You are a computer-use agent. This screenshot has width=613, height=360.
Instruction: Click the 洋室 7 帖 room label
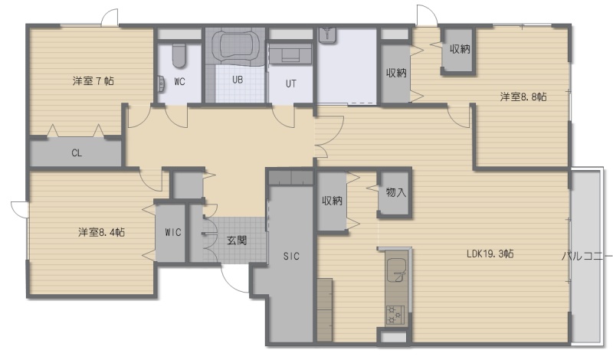tap(93, 81)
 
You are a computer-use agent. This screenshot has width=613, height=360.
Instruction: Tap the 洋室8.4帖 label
tap(102, 232)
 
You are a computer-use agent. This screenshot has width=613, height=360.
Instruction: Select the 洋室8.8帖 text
tap(523, 97)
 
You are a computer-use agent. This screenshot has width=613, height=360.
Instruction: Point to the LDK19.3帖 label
tap(490, 254)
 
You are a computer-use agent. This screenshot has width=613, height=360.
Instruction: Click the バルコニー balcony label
tap(586, 256)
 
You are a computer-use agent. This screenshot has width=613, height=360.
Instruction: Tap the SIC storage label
tap(291, 256)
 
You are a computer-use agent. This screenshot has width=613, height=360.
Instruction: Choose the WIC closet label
tap(173, 232)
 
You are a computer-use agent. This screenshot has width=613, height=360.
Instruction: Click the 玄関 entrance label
tap(237, 240)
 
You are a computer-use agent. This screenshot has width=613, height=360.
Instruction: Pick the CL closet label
tap(77, 153)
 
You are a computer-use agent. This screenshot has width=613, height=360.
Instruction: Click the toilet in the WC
tap(179, 55)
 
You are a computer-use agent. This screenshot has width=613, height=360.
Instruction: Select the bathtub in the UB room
tap(235, 45)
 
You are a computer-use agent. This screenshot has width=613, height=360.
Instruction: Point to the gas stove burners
tap(396, 315)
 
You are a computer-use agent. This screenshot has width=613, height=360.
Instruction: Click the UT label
tap(291, 83)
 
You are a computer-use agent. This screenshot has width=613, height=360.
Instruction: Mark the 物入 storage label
tap(395, 192)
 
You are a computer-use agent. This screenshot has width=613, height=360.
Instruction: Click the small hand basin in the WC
tap(161, 83)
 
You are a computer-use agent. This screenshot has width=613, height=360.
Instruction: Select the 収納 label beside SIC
tap(332, 201)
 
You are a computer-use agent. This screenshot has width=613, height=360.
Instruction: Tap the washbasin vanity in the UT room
tap(290, 54)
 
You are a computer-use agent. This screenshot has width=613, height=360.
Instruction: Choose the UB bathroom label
tap(238, 80)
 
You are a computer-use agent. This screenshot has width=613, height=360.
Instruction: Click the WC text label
tap(179, 82)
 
